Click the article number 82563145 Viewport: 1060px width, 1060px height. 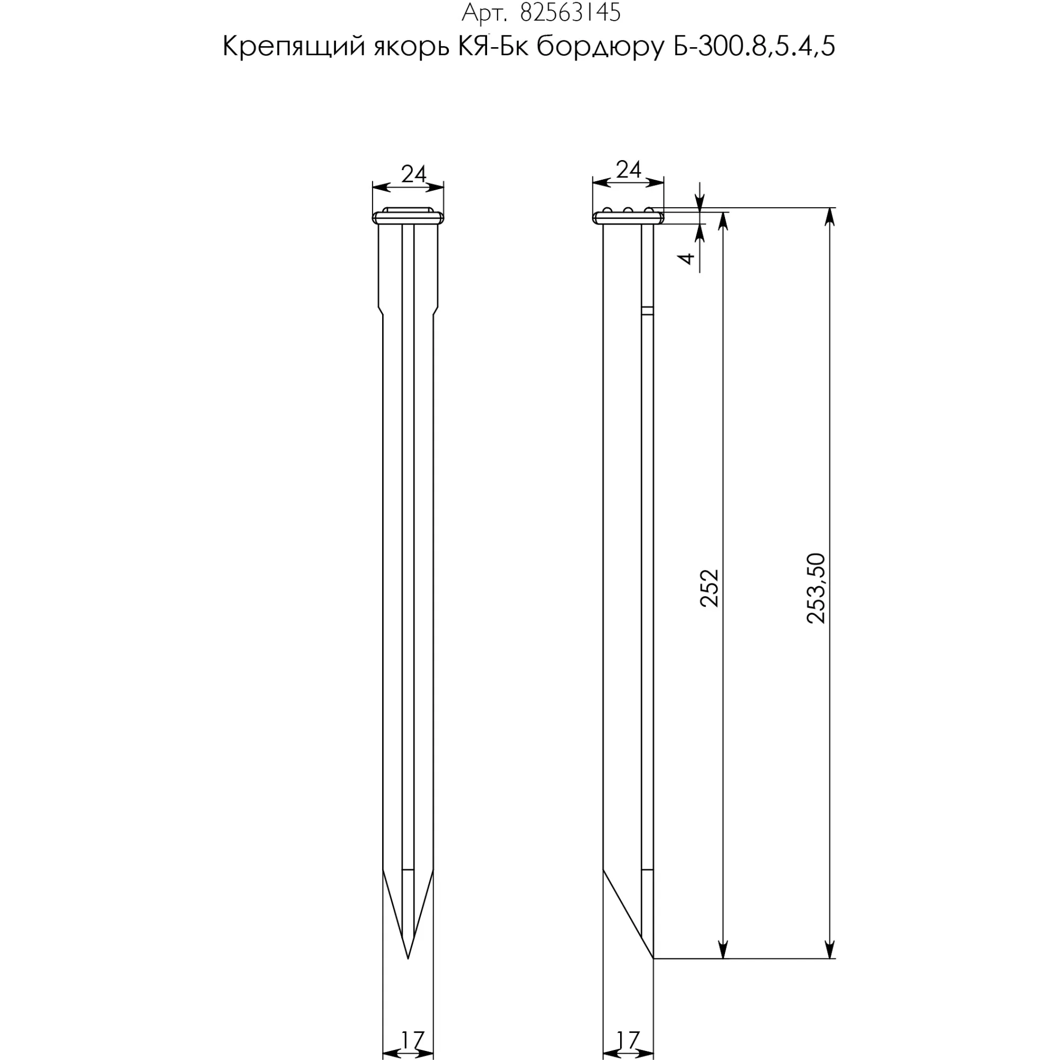point(570,13)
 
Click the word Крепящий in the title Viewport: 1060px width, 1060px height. point(294,48)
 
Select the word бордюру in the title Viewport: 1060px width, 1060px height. point(600,48)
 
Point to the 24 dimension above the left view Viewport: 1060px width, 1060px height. point(413,174)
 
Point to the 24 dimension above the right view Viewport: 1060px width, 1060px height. point(628,171)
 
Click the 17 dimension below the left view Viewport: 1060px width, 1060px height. point(412,1040)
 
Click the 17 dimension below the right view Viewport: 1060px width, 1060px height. point(628,1040)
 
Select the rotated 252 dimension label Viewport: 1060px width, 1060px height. point(709,588)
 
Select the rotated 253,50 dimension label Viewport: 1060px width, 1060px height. point(816,588)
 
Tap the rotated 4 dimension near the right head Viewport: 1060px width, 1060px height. point(687,258)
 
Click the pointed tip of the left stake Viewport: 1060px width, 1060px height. point(408,957)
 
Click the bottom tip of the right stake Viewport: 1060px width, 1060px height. point(653,957)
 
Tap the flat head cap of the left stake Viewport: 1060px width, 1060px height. point(408,218)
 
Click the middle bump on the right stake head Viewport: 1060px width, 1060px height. point(628,210)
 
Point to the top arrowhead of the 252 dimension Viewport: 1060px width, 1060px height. point(723,219)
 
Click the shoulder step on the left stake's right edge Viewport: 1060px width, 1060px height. point(436,311)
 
